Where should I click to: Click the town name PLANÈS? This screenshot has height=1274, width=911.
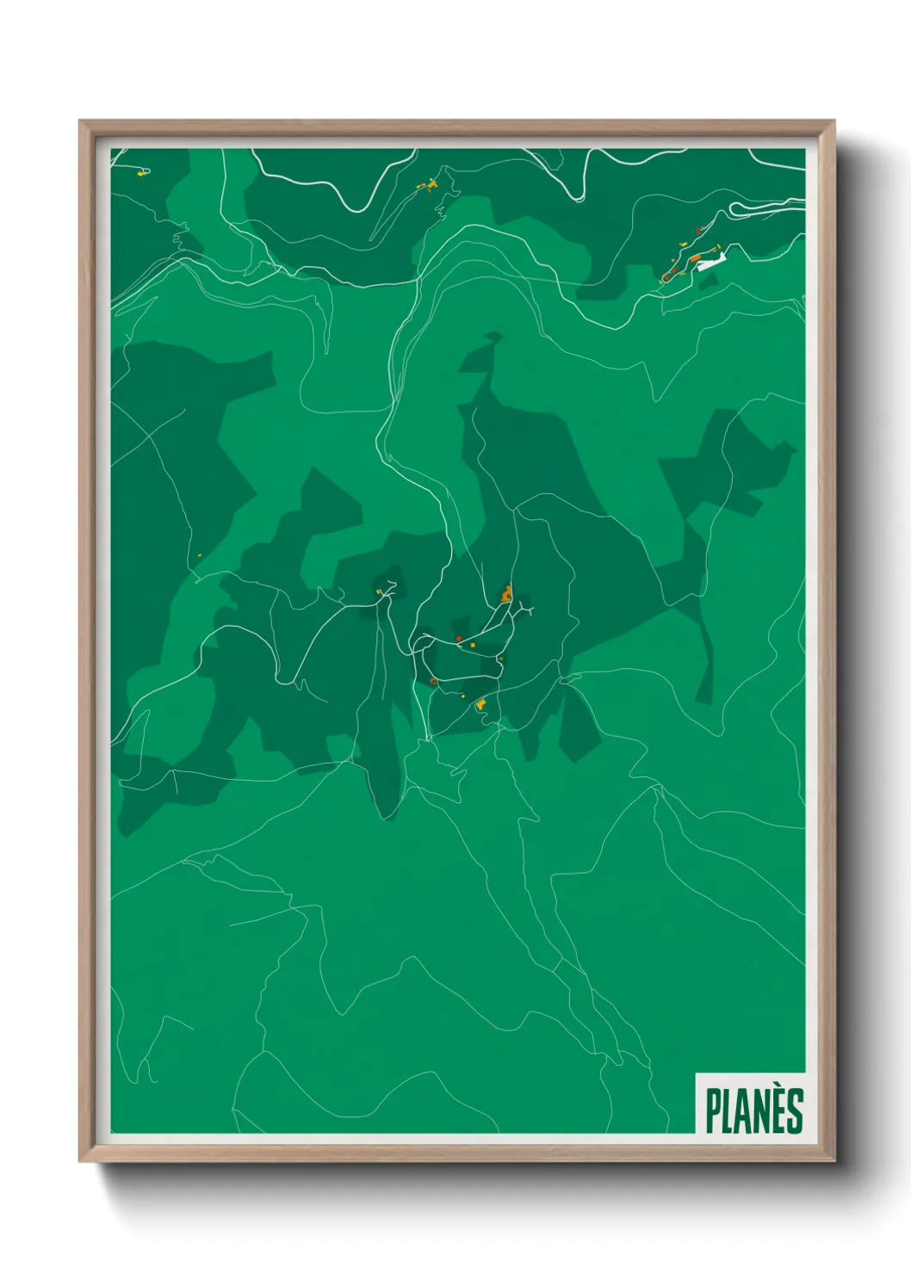[754, 1110]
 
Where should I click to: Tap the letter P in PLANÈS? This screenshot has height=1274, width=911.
[713, 1111]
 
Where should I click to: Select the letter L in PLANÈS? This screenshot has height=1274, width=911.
[728, 1111]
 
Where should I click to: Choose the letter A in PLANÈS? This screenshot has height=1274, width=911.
[744, 1111]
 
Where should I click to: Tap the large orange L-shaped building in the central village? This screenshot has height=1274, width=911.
[507, 593]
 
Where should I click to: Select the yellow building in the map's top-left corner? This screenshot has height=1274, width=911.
[141, 173]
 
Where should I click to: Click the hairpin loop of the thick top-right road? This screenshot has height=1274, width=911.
[734, 208]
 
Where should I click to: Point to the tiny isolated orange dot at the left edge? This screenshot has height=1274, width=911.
[199, 555]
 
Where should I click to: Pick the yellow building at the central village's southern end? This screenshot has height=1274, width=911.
[480, 705]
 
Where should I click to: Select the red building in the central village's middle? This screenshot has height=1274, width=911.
[460, 639]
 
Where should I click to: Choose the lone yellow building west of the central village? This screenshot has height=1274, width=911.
[378, 591]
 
